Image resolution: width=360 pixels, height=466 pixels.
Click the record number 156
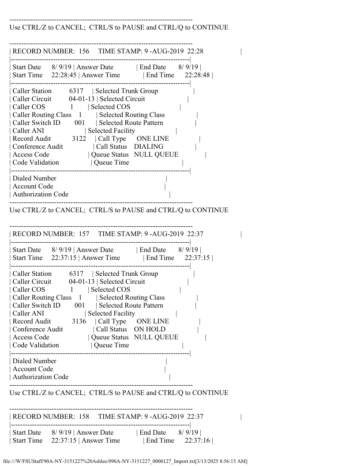[84, 51]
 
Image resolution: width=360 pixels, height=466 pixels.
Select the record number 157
[84, 234]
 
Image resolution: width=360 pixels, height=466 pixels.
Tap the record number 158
[84, 417]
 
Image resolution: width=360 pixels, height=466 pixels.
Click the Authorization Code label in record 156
[40, 194]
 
